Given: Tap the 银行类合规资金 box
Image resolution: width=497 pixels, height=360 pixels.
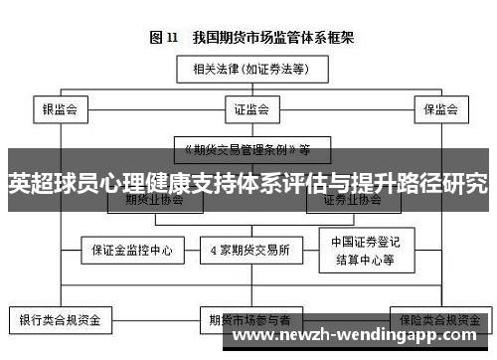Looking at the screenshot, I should pyautogui.click(x=62, y=321).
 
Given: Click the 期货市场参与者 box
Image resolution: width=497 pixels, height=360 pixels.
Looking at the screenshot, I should pyautogui.click(x=248, y=321).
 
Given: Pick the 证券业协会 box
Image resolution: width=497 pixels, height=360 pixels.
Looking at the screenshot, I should pyautogui.click(x=351, y=199).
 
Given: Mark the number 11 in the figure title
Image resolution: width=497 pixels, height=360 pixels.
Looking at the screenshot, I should pyautogui.click(x=173, y=38).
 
